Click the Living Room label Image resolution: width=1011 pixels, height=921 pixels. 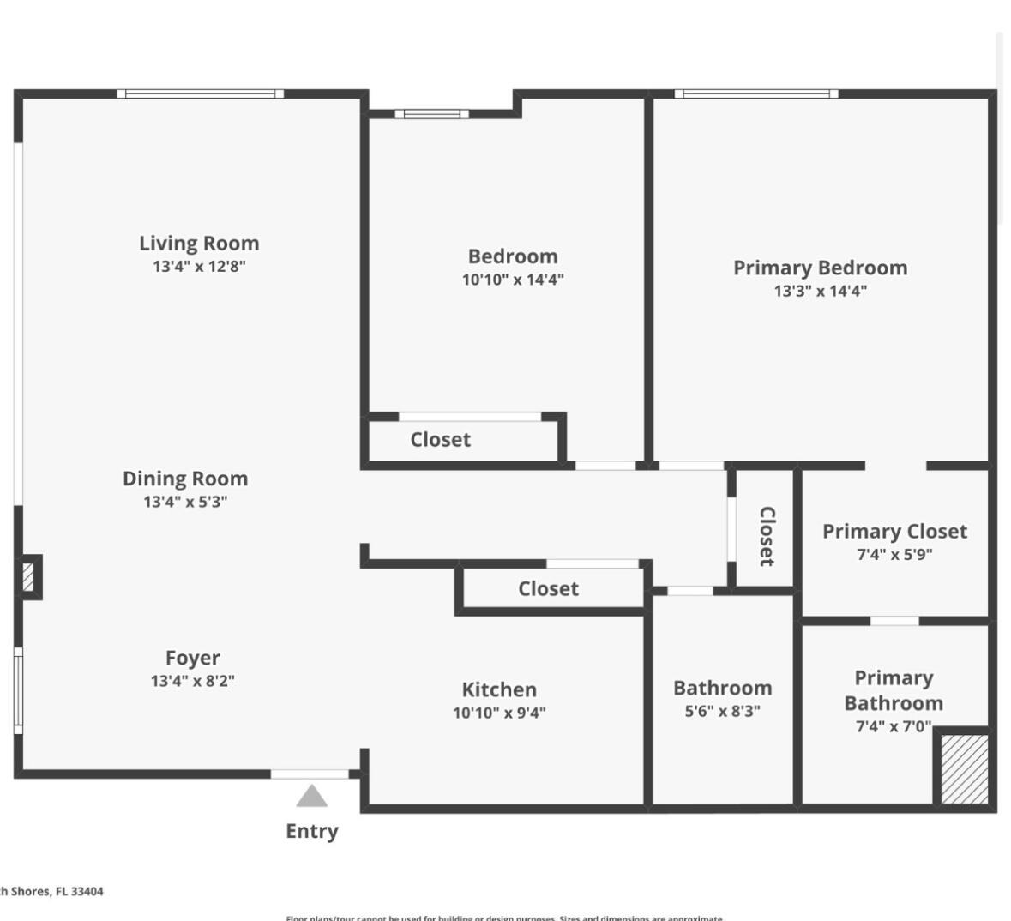coord(199,244)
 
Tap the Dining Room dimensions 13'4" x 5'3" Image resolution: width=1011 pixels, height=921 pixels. coord(185,502)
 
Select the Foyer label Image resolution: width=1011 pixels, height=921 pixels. coord(192,658)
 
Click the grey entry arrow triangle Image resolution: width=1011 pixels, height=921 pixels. coord(312,797)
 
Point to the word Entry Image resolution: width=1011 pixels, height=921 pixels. coord(312,831)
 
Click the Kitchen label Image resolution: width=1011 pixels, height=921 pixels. coord(499,689)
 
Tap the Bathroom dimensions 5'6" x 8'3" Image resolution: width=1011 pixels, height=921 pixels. coord(722,711)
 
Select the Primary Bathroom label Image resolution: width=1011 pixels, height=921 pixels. coord(894,690)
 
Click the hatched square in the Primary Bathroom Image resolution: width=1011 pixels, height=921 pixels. coord(965,768)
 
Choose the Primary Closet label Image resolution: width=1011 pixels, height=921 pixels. coord(894,532)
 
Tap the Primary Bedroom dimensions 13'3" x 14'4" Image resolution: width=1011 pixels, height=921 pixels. coord(820,291)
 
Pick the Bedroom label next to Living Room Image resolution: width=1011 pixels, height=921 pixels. coord(513,256)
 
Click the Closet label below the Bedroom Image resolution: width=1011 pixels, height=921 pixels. coord(440,440)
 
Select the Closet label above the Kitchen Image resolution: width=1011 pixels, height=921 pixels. coord(548,589)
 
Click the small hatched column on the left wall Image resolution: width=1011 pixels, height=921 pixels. coord(28,576)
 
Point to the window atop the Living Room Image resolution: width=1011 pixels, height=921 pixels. coord(201,93)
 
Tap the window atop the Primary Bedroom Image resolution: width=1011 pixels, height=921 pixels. coord(756,93)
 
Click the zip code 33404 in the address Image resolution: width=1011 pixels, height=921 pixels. coord(87,892)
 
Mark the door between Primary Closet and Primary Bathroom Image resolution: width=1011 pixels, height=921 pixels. coord(894,620)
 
